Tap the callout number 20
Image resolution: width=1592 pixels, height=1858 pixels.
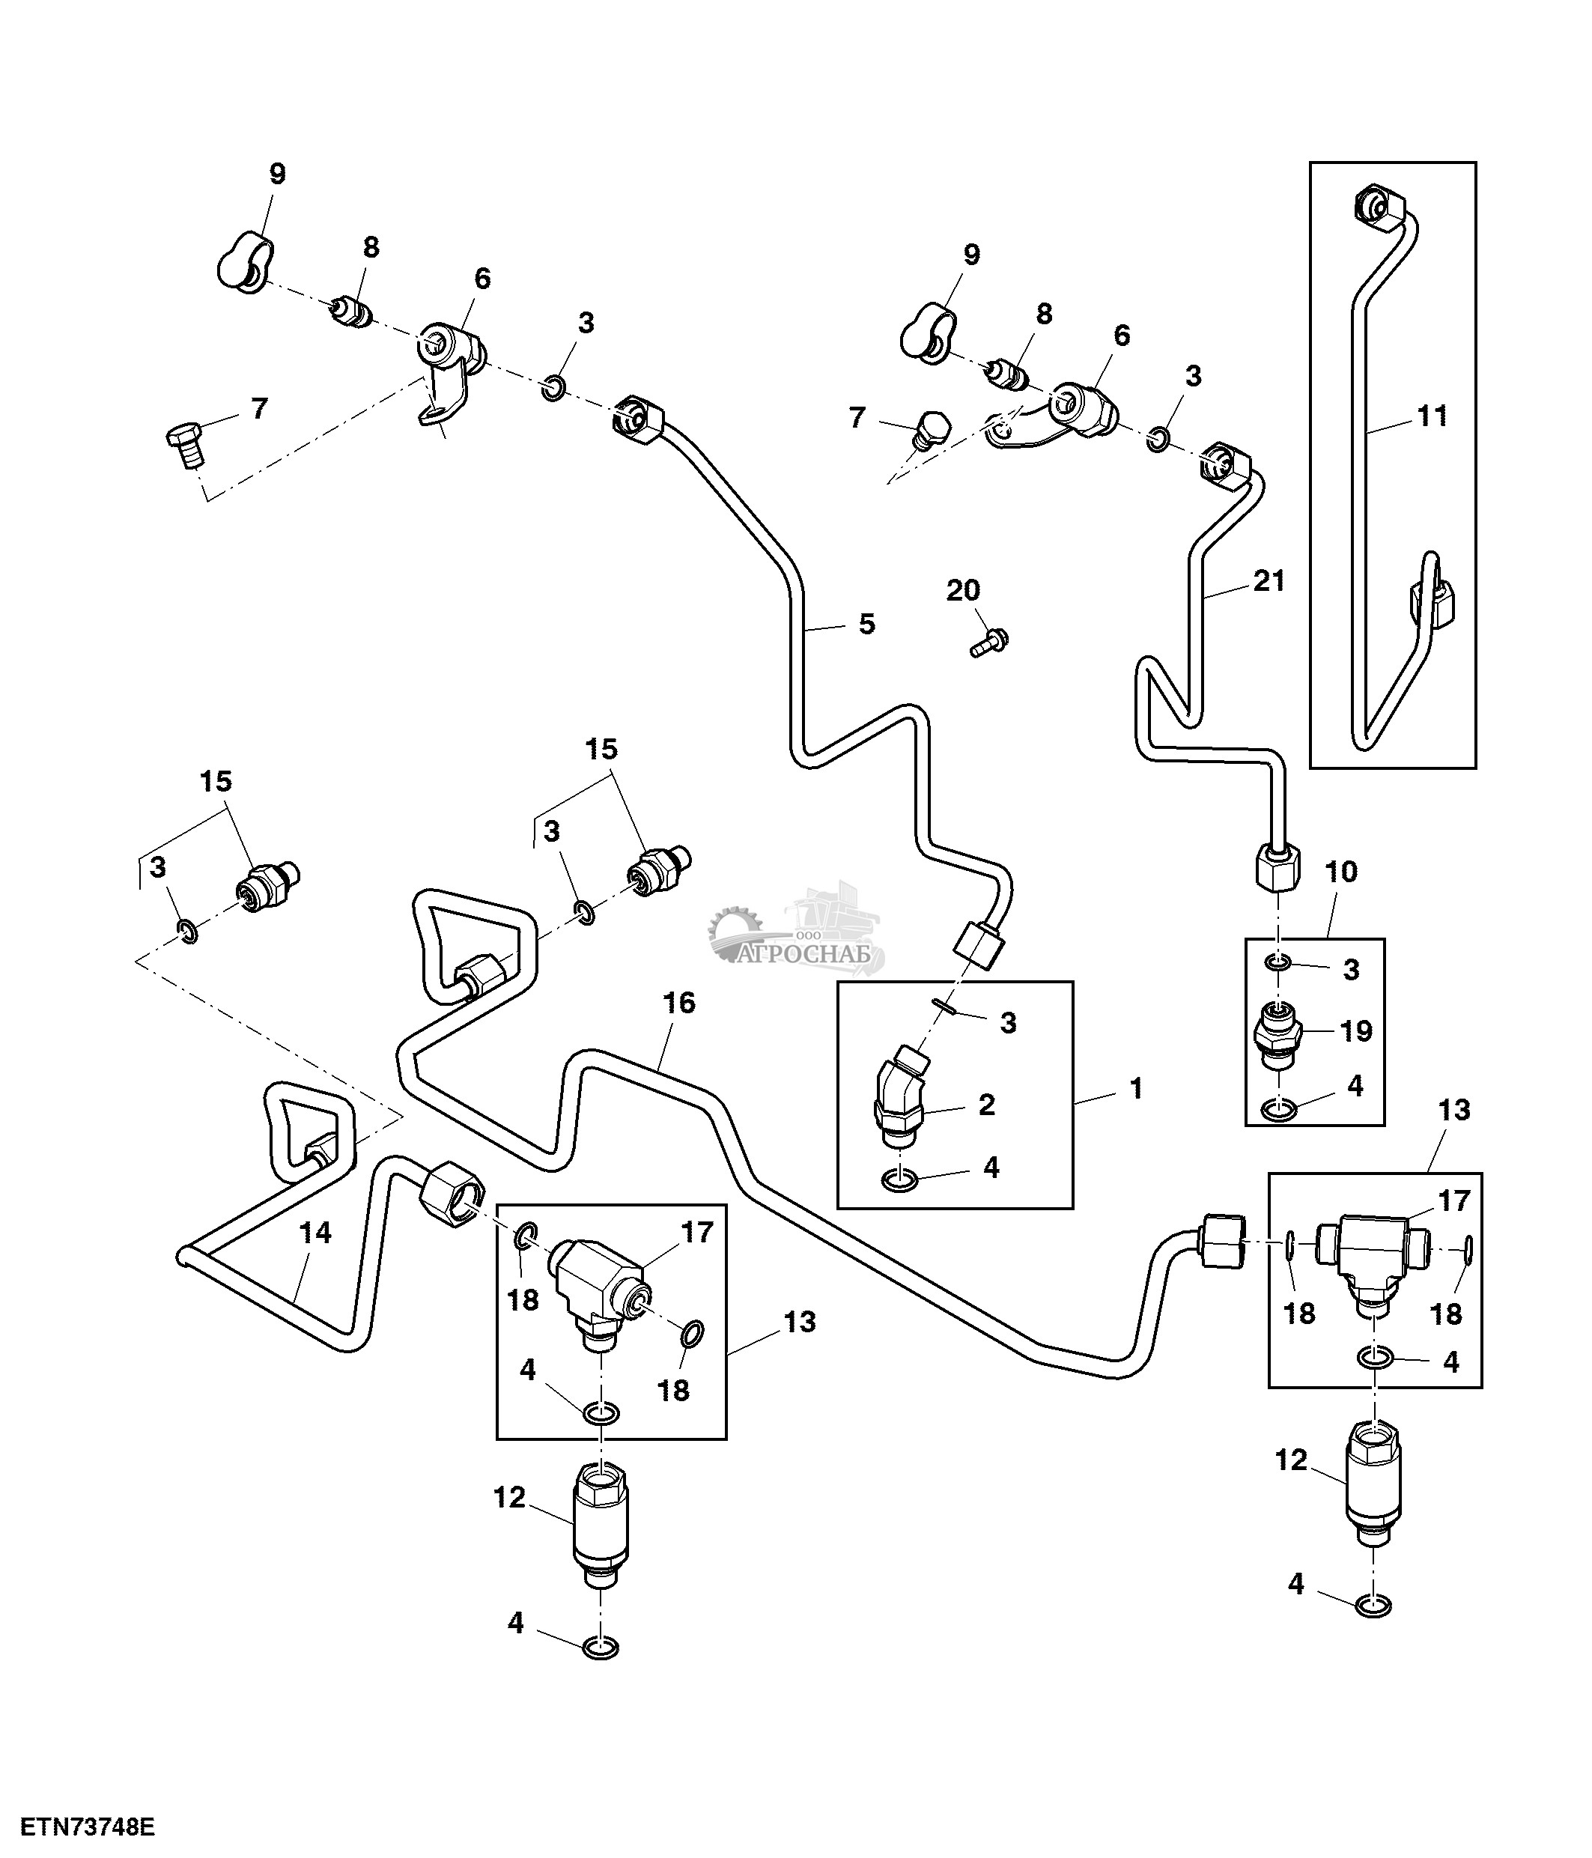964,590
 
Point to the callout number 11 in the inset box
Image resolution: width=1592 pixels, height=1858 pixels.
1433,416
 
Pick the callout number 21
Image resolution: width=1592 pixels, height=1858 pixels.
1269,581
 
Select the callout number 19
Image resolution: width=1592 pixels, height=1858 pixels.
1356,1031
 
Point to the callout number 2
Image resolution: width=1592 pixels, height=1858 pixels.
987,1105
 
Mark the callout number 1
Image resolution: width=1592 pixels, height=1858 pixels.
1137,1089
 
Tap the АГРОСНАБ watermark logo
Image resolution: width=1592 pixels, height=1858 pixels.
797,932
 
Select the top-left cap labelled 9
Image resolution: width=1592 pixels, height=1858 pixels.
246,261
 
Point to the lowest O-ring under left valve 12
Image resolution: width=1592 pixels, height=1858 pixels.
600,1648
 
